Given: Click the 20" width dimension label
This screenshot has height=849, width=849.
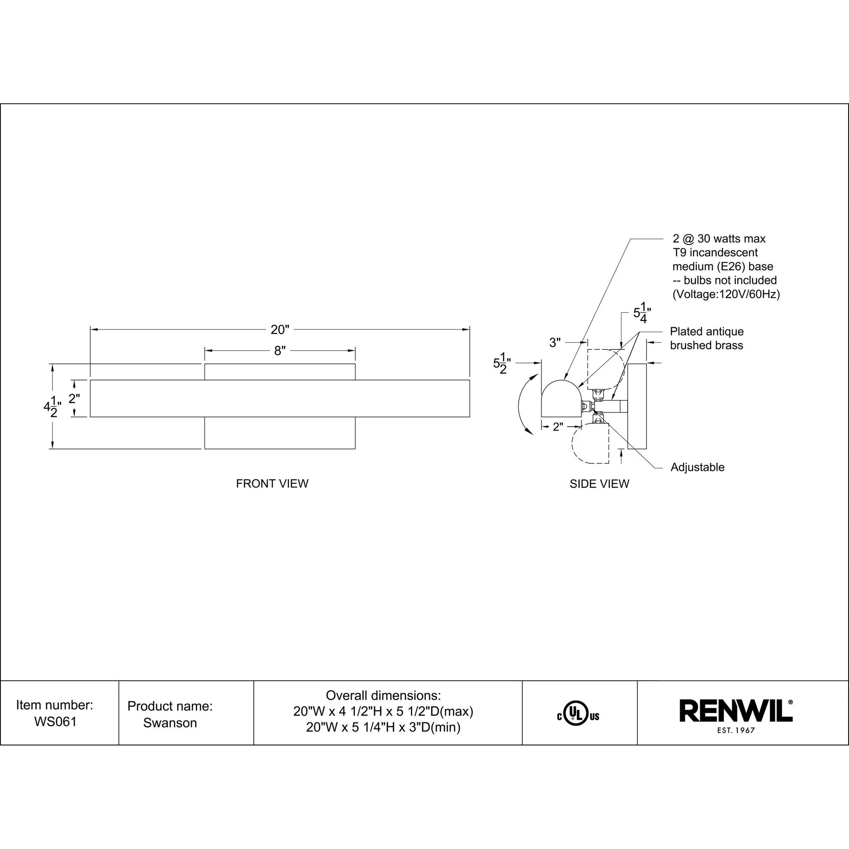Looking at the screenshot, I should coord(280,329).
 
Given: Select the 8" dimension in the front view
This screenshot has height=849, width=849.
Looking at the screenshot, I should coord(280,351).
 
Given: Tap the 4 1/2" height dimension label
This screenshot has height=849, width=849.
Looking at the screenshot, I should coord(51,407).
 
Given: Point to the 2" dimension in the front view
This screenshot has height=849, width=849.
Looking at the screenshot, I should coord(74,398).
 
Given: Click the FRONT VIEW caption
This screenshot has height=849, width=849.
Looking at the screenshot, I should coord(272,484).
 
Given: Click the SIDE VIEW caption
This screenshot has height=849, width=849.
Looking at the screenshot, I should coord(599,484).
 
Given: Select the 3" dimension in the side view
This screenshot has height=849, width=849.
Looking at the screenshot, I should coord(555,342).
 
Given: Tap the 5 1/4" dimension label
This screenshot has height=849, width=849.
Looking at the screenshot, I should coord(641,313).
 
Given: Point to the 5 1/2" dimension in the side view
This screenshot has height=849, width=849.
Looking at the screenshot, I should coord(501,363).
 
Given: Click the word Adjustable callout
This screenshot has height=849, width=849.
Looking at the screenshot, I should coord(697,467).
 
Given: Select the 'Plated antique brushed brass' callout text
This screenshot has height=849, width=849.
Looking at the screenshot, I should coord(707,338).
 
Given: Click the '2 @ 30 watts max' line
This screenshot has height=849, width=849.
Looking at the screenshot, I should coord(719,239).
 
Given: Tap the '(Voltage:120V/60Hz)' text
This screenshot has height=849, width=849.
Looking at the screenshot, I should coord(726,295).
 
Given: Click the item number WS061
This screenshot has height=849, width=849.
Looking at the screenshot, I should coord(55,722).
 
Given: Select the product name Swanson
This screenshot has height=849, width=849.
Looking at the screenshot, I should coord(170,723).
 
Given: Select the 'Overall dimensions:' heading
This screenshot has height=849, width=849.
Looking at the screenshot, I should coord(383,696).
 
